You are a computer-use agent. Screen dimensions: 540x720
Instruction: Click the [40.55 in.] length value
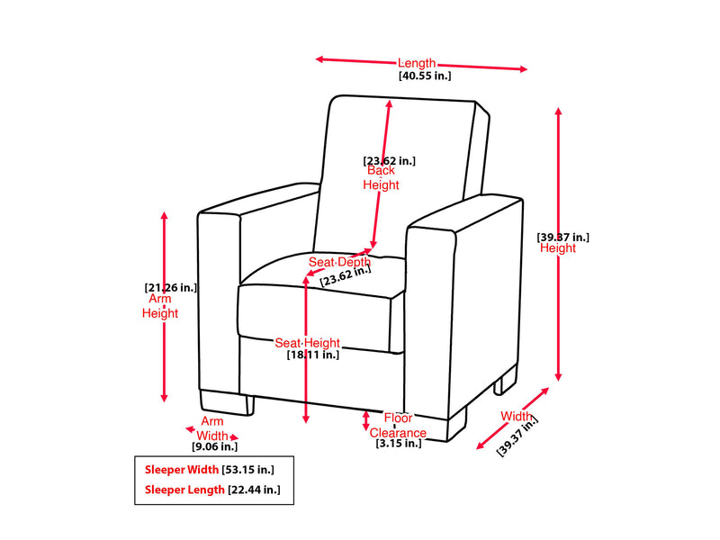click(x=424, y=76)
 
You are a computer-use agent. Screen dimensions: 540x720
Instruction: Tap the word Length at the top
click(x=417, y=63)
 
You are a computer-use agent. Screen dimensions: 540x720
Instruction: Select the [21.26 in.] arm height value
click(x=170, y=288)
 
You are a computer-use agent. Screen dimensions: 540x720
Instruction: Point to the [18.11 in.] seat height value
click(x=312, y=355)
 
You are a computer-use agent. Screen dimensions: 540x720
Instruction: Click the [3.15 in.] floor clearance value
click(x=399, y=443)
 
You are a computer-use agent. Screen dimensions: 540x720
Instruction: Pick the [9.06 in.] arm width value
click(x=214, y=446)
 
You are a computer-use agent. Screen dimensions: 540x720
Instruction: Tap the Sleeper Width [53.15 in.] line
click(x=209, y=470)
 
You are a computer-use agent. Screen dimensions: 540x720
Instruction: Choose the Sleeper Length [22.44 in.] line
click(x=212, y=490)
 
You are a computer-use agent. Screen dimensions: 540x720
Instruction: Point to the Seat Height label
click(x=307, y=343)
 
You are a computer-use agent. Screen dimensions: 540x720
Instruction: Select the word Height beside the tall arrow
click(x=558, y=248)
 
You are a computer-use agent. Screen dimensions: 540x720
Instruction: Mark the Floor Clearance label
click(x=399, y=425)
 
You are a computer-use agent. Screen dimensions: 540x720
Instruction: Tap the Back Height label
click(x=381, y=177)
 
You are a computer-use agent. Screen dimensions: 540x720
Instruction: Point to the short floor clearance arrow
click(x=365, y=420)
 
